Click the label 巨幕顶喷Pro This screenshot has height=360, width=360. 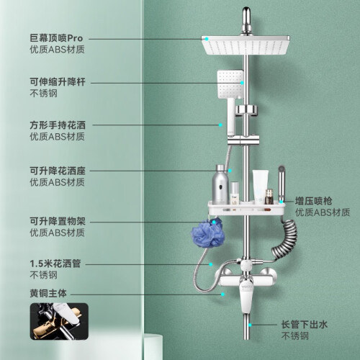(x=56, y=38)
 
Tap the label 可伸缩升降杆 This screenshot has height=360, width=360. (x=58, y=82)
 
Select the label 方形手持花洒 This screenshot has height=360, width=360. (x=58, y=125)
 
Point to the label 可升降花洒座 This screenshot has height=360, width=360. (x=58, y=171)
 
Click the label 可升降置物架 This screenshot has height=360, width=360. (x=58, y=221)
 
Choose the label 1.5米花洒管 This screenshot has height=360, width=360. (x=55, y=264)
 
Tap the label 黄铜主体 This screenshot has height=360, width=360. (x=48, y=293)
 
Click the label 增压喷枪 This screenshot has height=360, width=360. (x=313, y=201)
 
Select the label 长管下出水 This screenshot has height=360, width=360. (x=305, y=325)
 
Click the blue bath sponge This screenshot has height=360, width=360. (x=207, y=233)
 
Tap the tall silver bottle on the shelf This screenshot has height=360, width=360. (x=220, y=184)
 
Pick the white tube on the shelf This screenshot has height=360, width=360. (x=260, y=186)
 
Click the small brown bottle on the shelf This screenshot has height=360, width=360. (x=269, y=197)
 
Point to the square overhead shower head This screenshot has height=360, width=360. (x=246, y=45)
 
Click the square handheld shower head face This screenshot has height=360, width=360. (x=230, y=84)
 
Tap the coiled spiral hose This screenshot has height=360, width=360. (x=284, y=238)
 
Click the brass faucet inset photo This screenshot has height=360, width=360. (x=59, y=321)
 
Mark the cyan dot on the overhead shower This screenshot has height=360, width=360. (x=207, y=39)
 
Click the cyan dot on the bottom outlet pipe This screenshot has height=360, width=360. (x=250, y=325)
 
